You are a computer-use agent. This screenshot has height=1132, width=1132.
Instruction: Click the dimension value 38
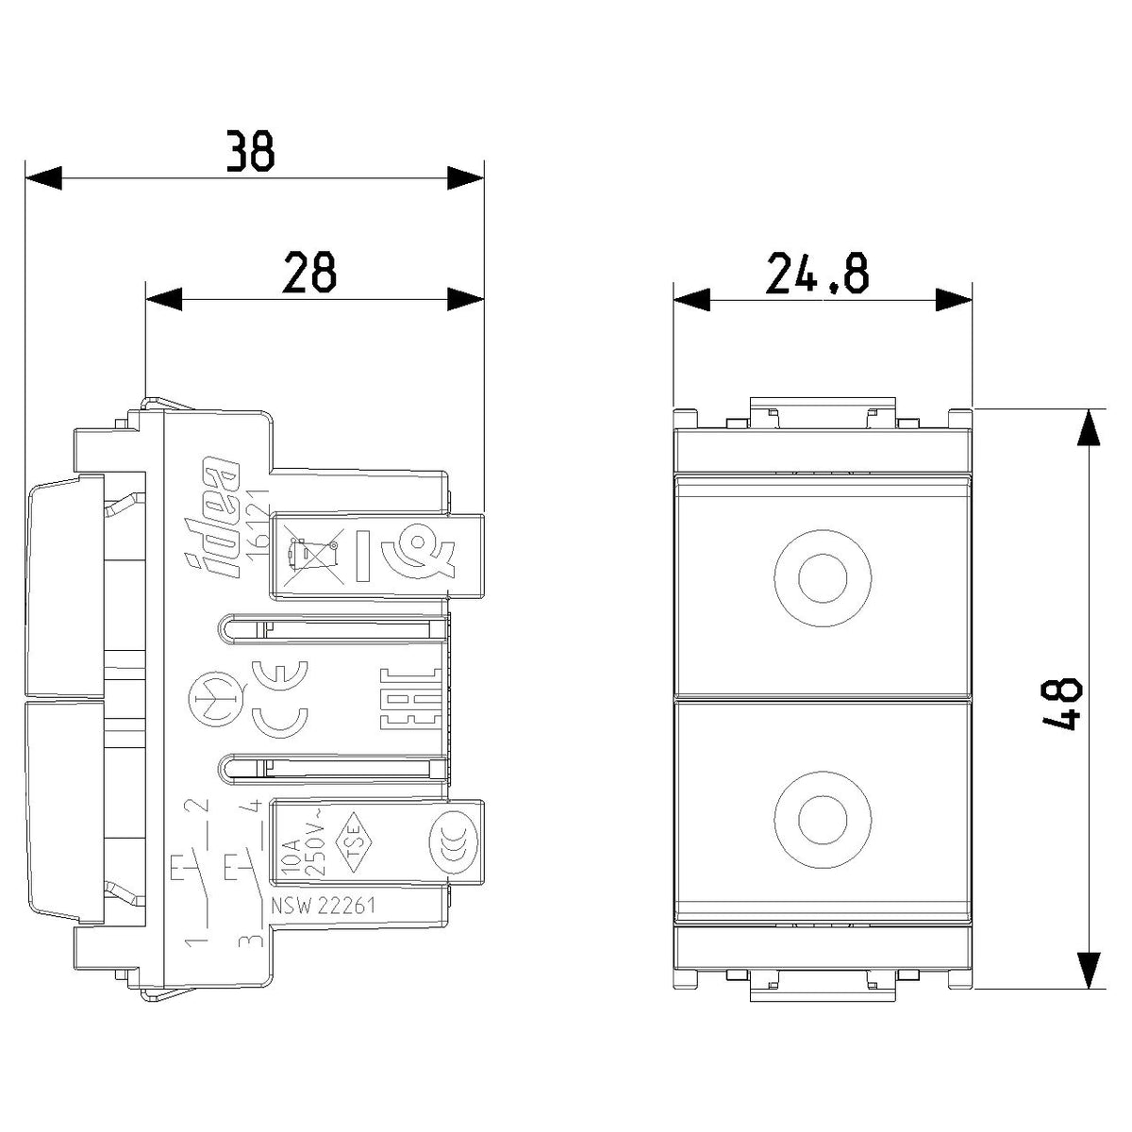point(251,151)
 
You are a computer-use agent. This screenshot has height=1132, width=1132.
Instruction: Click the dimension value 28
point(309,272)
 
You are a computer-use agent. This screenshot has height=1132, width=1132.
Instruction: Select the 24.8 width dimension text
point(817,273)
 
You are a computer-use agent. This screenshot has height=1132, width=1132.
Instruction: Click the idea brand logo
point(214,518)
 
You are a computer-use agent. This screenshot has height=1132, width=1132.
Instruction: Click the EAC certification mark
point(410,698)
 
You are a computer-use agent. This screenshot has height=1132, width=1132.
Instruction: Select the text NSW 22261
point(322,906)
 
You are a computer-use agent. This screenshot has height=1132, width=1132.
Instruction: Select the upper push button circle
point(823,578)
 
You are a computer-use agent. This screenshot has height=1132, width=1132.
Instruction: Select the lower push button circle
point(823,820)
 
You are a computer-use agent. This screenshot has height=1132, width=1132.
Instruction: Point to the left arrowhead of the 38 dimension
point(43,178)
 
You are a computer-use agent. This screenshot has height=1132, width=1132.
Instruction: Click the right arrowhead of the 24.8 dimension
point(954,299)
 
